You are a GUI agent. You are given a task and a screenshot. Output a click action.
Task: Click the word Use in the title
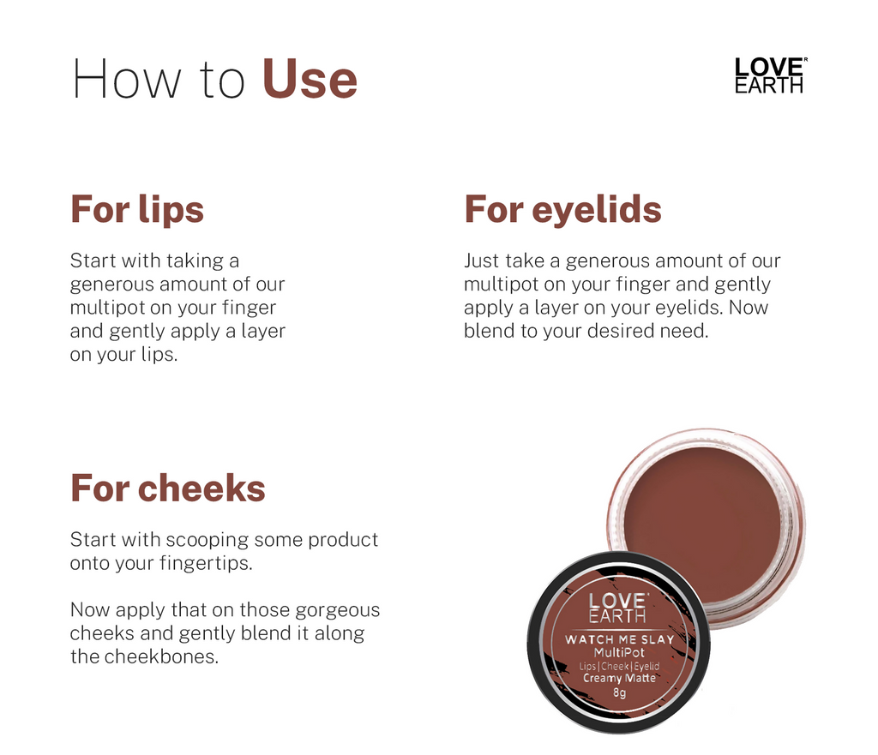(x=310, y=79)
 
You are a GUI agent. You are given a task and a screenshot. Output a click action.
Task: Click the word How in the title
(x=127, y=79)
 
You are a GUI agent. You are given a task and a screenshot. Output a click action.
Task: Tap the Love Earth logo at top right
(x=770, y=75)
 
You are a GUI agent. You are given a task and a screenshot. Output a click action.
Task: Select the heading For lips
(x=137, y=210)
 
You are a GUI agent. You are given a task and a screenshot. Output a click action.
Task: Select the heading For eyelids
(x=562, y=210)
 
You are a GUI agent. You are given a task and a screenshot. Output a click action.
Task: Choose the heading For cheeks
(x=168, y=488)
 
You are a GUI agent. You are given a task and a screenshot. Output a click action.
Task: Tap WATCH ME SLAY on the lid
(x=619, y=639)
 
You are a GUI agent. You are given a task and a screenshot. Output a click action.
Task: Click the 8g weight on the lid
(x=619, y=692)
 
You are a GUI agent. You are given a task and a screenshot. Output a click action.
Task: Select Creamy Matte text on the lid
(x=619, y=679)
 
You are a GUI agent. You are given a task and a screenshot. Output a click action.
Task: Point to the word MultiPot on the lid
(x=619, y=653)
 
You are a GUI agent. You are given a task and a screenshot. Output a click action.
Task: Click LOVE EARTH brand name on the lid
(x=617, y=608)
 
